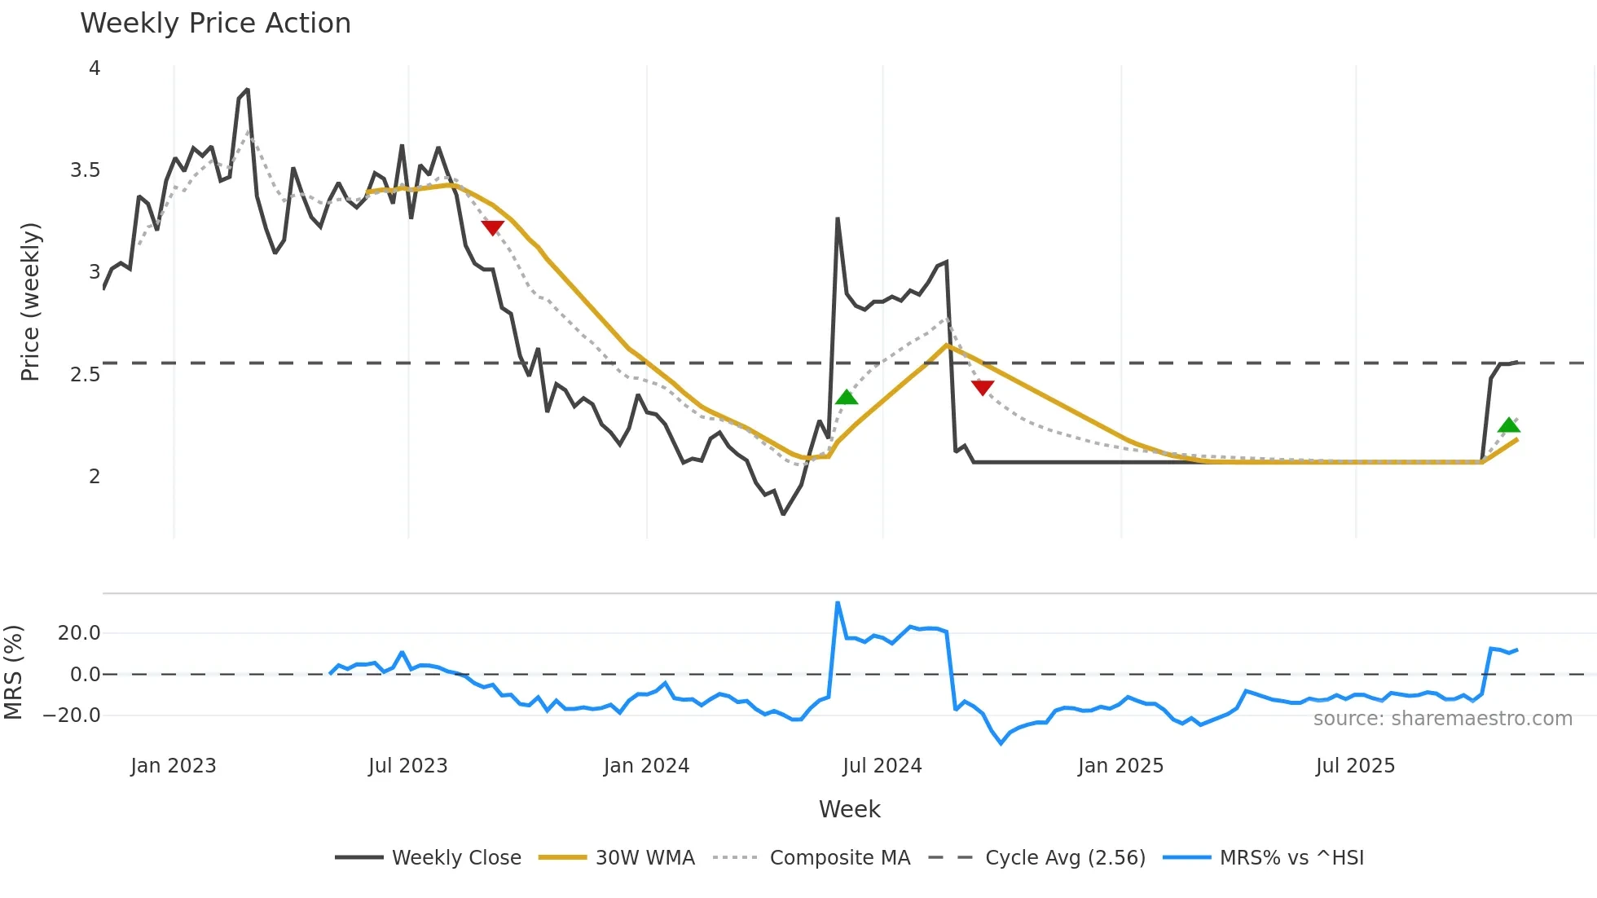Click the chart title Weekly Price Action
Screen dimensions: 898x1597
pos(215,24)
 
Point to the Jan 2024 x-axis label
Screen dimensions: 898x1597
pos(646,766)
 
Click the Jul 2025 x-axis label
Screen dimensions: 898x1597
pos(1355,766)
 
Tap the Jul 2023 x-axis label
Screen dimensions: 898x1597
pos(407,766)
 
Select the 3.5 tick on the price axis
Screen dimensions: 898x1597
pos(85,170)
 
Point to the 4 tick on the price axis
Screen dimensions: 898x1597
pos(95,68)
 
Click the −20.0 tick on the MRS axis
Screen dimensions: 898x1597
pos(72,715)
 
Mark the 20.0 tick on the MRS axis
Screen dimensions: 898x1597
pos(79,633)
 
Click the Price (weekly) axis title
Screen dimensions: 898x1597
pos(30,302)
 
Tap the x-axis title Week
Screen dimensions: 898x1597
pos(849,809)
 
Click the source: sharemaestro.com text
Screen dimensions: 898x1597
pos(1442,719)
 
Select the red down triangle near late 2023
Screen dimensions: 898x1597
pos(493,227)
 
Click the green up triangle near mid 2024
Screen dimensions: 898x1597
pos(847,398)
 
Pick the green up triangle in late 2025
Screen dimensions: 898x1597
pos(1508,425)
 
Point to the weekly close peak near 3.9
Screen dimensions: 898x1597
pos(247,90)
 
